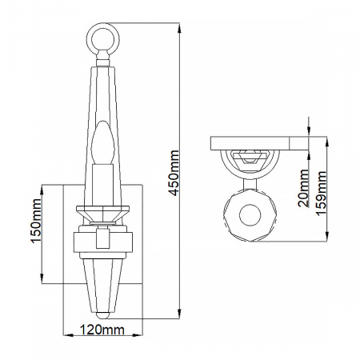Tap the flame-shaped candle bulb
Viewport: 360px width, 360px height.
click(x=102, y=146)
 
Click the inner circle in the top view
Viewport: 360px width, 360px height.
click(x=250, y=214)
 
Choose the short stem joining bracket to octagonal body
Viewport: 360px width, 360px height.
click(x=250, y=182)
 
